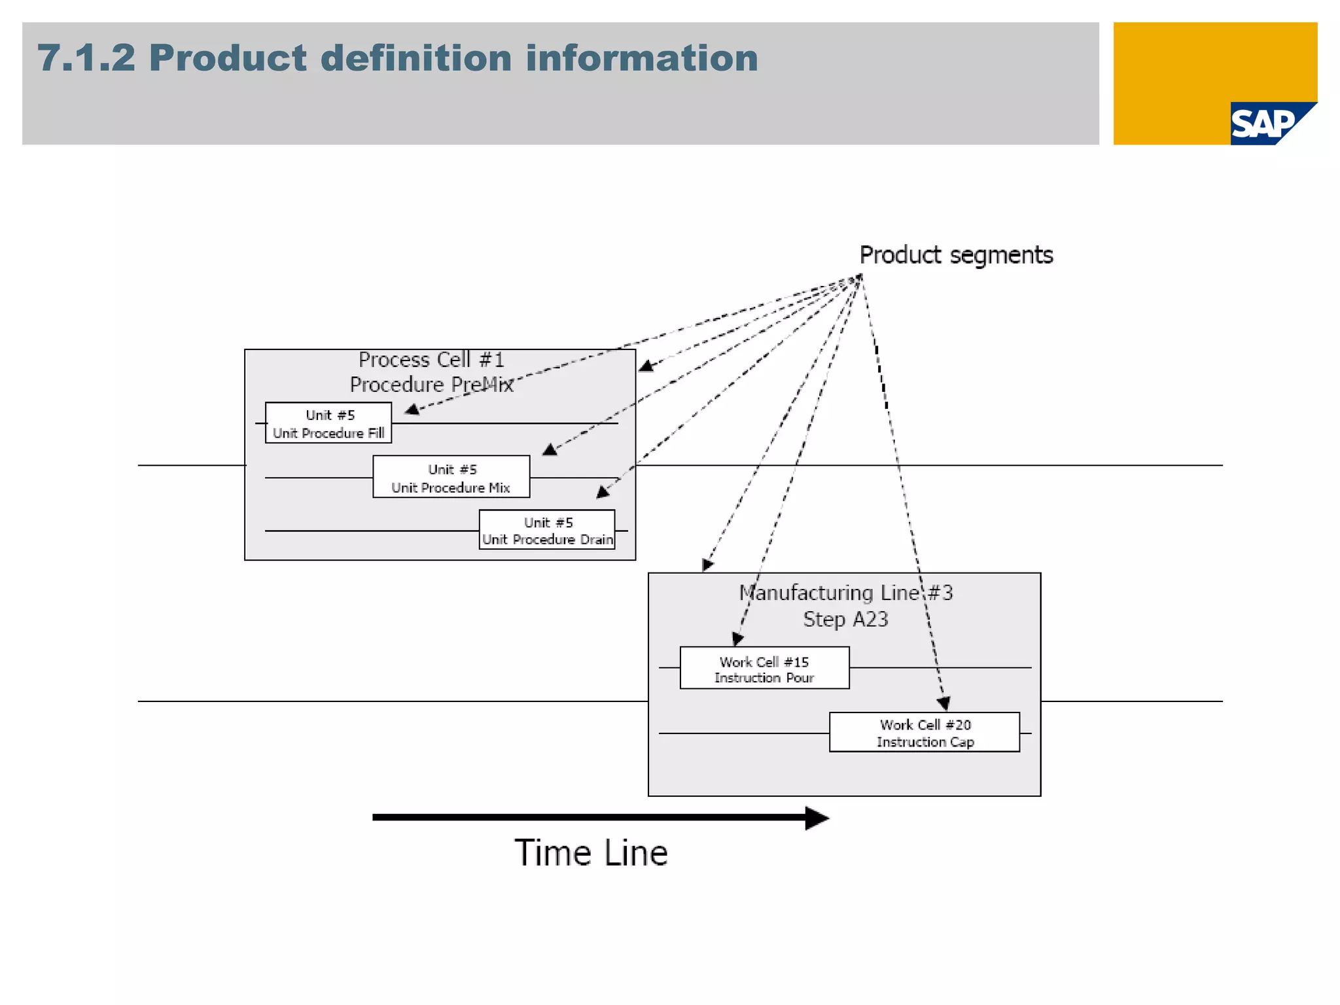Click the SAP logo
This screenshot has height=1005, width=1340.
pyautogui.click(x=1264, y=124)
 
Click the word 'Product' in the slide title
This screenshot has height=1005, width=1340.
pyautogui.click(x=228, y=58)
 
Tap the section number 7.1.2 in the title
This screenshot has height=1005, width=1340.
pyautogui.click(x=86, y=58)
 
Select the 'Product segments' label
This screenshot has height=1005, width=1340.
pyautogui.click(x=956, y=255)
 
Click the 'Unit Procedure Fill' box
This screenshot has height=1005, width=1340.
pyautogui.click(x=328, y=423)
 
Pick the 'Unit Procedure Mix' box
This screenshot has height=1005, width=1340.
pyautogui.click(x=451, y=477)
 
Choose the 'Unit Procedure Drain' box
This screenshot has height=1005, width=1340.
pyautogui.click(x=547, y=530)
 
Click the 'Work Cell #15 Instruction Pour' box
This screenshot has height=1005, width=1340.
pyautogui.click(x=764, y=668)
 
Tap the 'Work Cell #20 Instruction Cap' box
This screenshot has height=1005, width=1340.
pyautogui.click(x=924, y=732)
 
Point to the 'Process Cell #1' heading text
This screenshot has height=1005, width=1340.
pyautogui.click(x=431, y=360)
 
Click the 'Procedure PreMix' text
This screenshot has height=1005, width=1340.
pyautogui.click(x=431, y=385)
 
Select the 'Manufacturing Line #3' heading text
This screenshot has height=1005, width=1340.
pyautogui.click(x=845, y=593)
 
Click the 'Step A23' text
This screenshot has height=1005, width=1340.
pyautogui.click(x=845, y=619)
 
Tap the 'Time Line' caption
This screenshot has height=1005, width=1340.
pyautogui.click(x=591, y=853)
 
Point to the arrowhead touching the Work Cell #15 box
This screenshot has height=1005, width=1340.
pyautogui.click(x=737, y=639)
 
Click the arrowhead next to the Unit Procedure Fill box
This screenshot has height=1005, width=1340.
pyautogui.click(x=412, y=410)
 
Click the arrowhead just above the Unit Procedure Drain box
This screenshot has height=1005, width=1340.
pyautogui.click(x=603, y=492)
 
